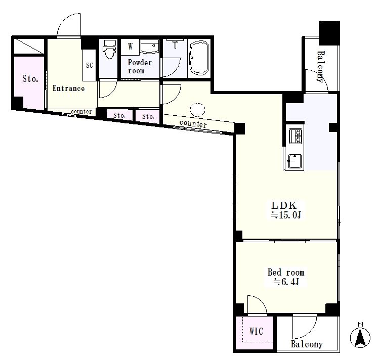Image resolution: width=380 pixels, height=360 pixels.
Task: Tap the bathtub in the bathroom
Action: [x=199, y=58]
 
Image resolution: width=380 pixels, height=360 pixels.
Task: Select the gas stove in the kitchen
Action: [x=295, y=136]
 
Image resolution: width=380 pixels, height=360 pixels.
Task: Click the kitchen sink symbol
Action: [x=294, y=161]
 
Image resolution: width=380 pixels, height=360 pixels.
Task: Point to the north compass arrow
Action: [x=360, y=337]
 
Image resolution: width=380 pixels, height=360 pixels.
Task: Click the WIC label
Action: [x=256, y=331]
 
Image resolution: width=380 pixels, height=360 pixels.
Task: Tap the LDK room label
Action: [x=284, y=206]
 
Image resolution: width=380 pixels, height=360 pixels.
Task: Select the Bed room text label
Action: [x=286, y=273]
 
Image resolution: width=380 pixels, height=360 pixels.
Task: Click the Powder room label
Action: [x=140, y=66]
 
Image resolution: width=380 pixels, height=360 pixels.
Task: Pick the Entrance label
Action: [x=69, y=88]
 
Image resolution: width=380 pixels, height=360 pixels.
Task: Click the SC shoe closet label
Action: [x=90, y=65]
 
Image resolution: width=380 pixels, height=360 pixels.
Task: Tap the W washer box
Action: [x=131, y=46]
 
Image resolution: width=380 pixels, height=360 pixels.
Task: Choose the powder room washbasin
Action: [x=150, y=46]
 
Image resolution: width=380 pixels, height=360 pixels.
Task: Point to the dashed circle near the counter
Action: [x=197, y=110]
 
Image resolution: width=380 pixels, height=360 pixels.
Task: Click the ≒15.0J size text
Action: [x=286, y=215]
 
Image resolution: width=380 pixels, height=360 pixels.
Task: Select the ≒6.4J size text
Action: [x=286, y=282]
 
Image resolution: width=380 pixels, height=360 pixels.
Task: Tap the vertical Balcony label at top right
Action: [x=320, y=67]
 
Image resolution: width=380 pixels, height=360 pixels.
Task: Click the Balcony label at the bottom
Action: [x=307, y=344]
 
